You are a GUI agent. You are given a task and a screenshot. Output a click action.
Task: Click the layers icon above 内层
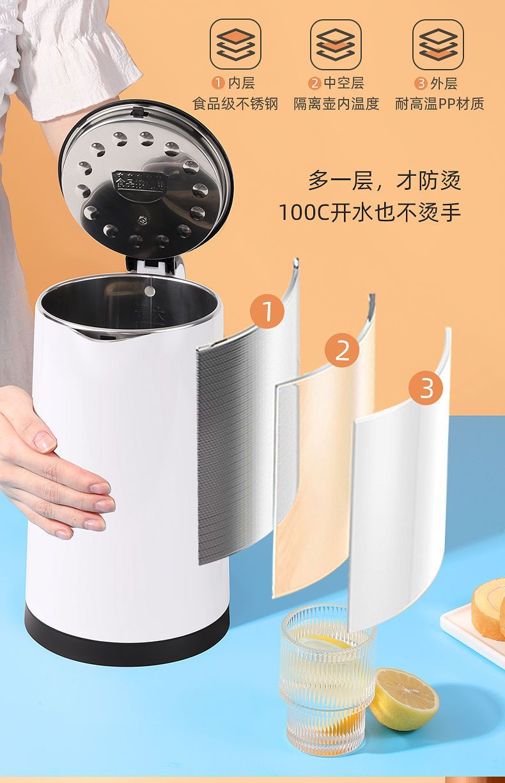(235, 44)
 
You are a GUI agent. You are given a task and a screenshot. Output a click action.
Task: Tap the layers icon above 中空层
(336, 44)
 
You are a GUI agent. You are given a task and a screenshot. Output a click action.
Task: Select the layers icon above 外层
(439, 44)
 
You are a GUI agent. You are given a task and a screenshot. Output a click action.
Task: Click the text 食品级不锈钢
(235, 104)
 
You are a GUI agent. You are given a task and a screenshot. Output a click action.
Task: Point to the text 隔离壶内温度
(336, 104)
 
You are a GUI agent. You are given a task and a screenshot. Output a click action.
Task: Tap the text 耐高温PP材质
(440, 104)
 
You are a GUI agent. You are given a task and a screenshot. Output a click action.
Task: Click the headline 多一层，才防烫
(384, 180)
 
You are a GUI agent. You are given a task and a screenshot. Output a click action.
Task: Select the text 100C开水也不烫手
(369, 212)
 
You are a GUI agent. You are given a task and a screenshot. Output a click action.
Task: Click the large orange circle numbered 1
(267, 311)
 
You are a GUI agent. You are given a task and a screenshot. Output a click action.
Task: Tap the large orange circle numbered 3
(426, 387)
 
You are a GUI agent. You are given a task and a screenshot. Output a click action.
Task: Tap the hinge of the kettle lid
(154, 265)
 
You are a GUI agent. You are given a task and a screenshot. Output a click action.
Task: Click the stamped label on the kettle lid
(140, 181)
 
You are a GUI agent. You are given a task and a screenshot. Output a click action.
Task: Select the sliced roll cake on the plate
(488, 609)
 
